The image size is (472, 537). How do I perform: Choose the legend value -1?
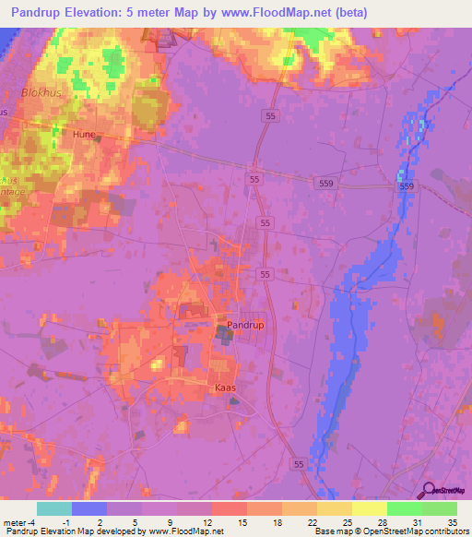78,521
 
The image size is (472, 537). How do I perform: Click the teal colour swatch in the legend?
54,508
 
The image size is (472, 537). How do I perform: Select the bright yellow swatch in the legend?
369,508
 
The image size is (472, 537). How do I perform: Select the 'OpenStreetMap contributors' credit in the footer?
419,531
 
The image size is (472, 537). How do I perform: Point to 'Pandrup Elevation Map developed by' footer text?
68,531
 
